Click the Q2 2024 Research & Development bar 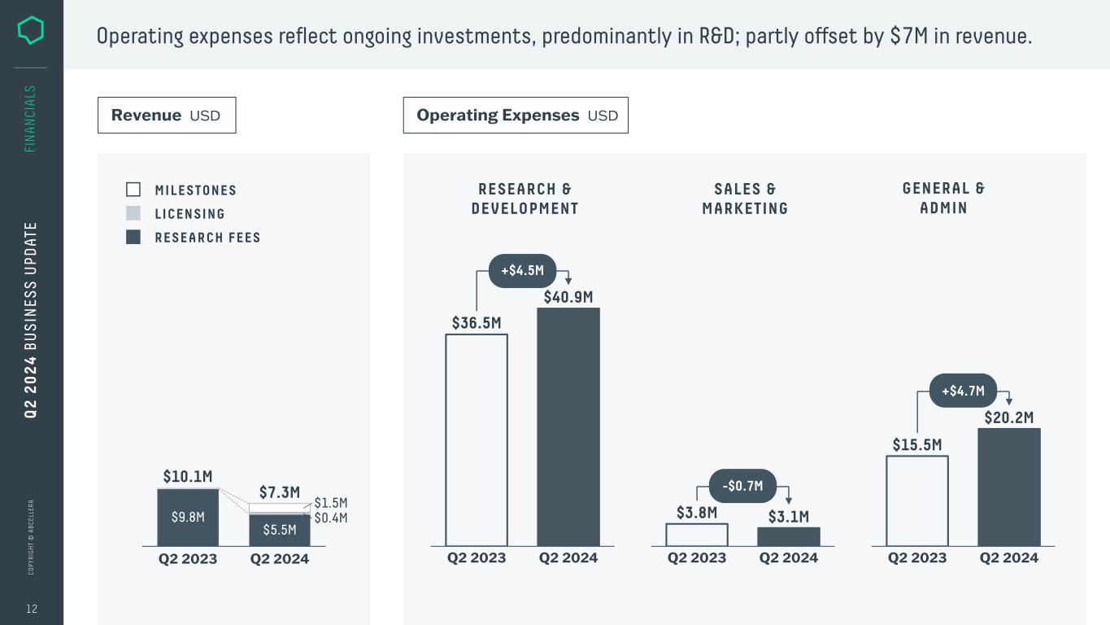[x=568, y=426]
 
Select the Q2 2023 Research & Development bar [x=477, y=439]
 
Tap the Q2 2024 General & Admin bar [x=1009, y=487]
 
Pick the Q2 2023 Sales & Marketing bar [x=697, y=535]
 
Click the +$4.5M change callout [x=522, y=271]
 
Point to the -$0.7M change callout [x=743, y=486]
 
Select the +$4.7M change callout [x=963, y=391]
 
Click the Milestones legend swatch [x=133, y=190]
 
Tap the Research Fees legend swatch [x=133, y=237]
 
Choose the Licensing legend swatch [x=133, y=213]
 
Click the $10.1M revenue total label [x=188, y=476]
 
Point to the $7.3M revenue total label [x=280, y=492]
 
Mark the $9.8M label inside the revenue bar [x=188, y=517]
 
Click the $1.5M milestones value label [x=331, y=503]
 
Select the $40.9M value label [x=568, y=297]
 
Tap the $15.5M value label [x=917, y=445]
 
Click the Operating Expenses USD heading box [x=516, y=116]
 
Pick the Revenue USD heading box [x=167, y=116]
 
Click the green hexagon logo [x=31, y=31]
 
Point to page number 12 [x=32, y=609]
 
